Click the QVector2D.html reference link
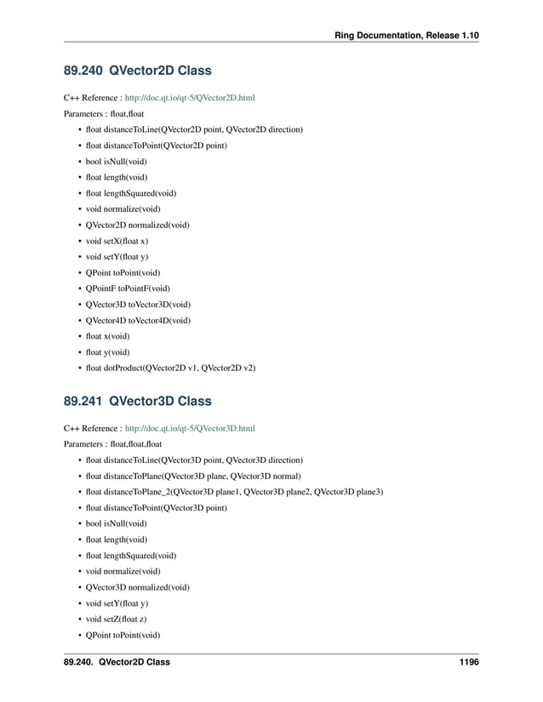(x=189, y=98)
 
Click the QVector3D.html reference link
(x=189, y=429)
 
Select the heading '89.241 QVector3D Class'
(x=137, y=401)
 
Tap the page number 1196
(x=466, y=662)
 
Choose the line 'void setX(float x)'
(x=117, y=241)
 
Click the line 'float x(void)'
(x=107, y=336)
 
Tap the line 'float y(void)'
(x=107, y=351)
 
